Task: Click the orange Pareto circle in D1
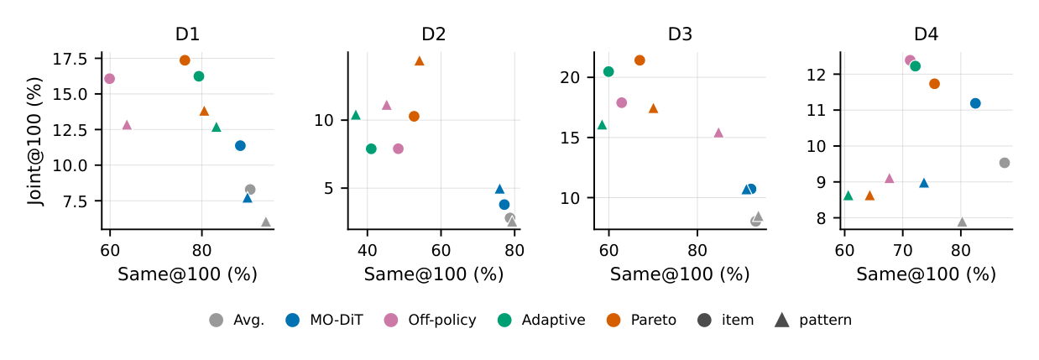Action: point(185,60)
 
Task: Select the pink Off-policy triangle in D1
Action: point(127,125)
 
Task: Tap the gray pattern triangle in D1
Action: point(266,222)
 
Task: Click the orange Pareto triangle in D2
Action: point(420,60)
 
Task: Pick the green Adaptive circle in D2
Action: point(371,149)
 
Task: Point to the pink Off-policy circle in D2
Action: point(398,149)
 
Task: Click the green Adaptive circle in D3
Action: point(608,71)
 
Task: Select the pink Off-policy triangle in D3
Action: point(718,133)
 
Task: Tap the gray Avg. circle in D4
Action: point(1005,163)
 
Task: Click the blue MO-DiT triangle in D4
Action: point(924,183)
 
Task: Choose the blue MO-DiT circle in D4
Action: point(975,103)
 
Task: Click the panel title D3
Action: point(680,34)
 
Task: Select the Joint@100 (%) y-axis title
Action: point(35,142)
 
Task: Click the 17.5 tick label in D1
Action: point(70,60)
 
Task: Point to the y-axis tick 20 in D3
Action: point(570,77)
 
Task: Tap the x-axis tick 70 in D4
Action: point(903,251)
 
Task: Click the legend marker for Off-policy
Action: point(391,320)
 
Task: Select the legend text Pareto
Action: point(654,320)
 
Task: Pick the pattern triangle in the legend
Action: point(782,320)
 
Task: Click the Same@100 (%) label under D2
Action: point(434,274)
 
